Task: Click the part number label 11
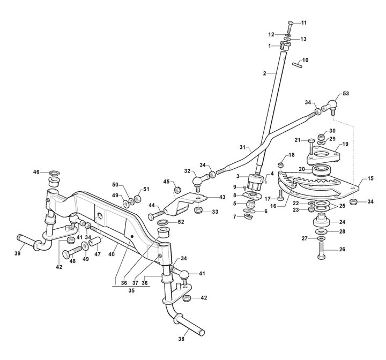click(x=304, y=22)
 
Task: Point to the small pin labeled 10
click(x=295, y=65)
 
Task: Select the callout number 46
click(x=36, y=172)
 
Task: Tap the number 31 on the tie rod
click(x=241, y=147)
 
